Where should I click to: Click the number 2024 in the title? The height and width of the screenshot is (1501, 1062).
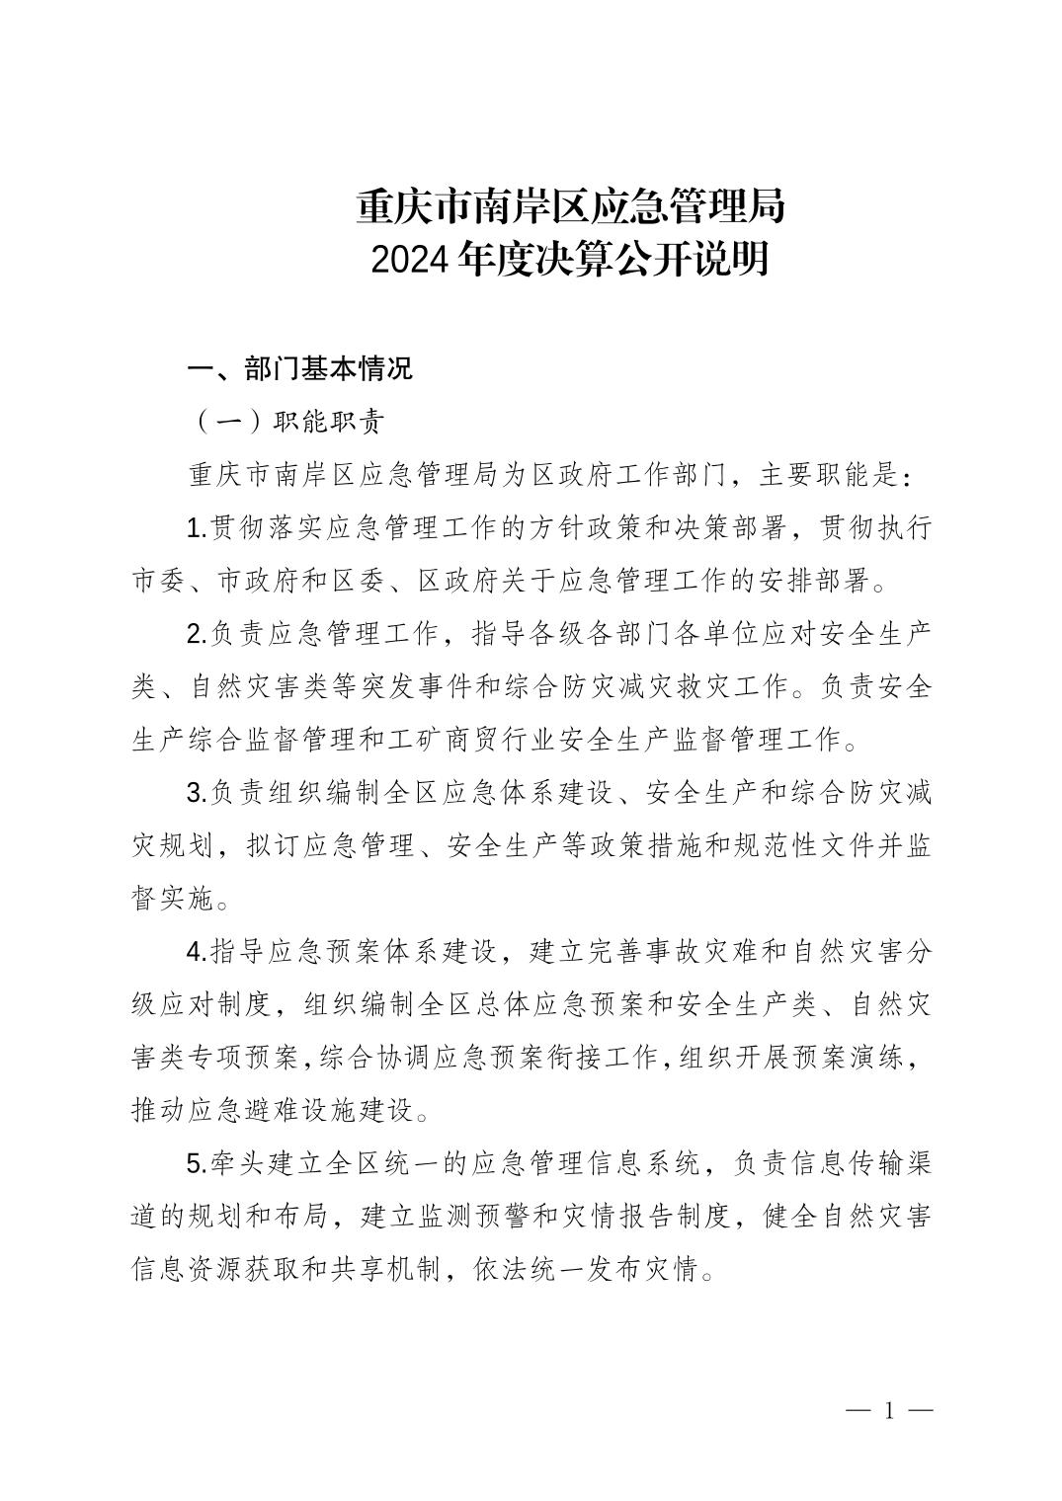pyautogui.click(x=414, y=261)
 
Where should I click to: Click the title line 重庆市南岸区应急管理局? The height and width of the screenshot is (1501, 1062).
pyautogui.click(x=570, y=206)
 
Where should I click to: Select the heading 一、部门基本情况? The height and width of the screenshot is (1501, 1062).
pyautogui.click(x=300, y=369)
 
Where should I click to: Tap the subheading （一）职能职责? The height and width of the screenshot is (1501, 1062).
pyautogui.click(x=286, y=422)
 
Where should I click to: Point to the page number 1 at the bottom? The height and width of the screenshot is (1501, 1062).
pyautogui.click(x=889, y=1410)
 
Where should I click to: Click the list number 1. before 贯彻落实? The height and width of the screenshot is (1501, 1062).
pyautogui.click(x=197, y=528)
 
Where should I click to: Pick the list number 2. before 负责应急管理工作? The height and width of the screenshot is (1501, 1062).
pyautogui.click(x=197, y=634)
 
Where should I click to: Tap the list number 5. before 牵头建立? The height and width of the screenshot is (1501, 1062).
pyautogui.click(x=197, y=1163)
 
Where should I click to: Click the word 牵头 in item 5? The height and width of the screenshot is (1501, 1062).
pyautogui.click(x=237, y=1163)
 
